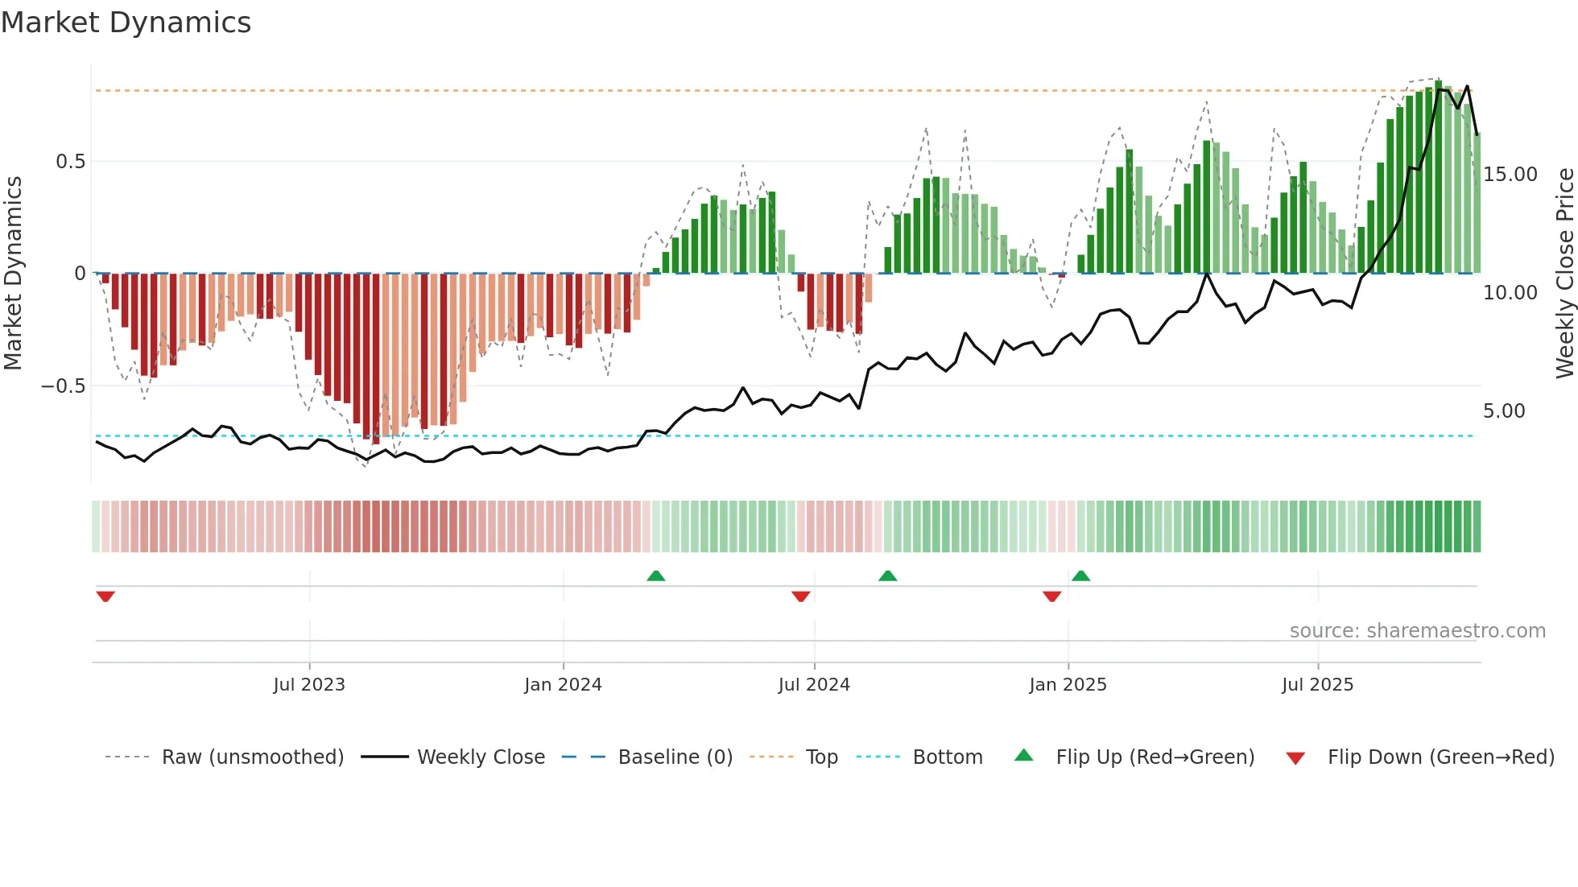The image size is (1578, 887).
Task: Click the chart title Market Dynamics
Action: pyautogui.click(x=126, y=23)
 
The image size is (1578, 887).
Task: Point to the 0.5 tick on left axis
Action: pyautogui.click(x=70, y=162)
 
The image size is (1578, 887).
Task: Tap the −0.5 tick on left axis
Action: pyautogui.click(x=64, y=386)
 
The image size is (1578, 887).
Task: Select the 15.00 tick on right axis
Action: pyautogui.click(x=1510, y=175)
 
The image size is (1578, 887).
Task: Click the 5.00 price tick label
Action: pyautogui.click(x=1504, y=411)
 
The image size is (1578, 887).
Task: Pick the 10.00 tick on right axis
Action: pyautogui.click(x=1510, y=293)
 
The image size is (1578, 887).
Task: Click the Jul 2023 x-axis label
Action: pyautogui.click(x=309, y=685)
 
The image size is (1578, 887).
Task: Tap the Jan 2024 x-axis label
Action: pyautogui.click(x=563, y=685)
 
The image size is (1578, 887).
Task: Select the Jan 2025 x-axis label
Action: pyautogui.click(x=1068, y=685)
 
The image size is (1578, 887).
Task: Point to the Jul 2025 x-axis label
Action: pyautogui.click(x=1317, y=685)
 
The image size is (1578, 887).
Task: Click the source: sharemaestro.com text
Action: pyautogui.click(x=1417, y=631)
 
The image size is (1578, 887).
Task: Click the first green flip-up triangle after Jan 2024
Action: pyautogui.click(x=656, y=576)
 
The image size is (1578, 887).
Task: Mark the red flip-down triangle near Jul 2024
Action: pyautogui.click(x=800, y=596)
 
